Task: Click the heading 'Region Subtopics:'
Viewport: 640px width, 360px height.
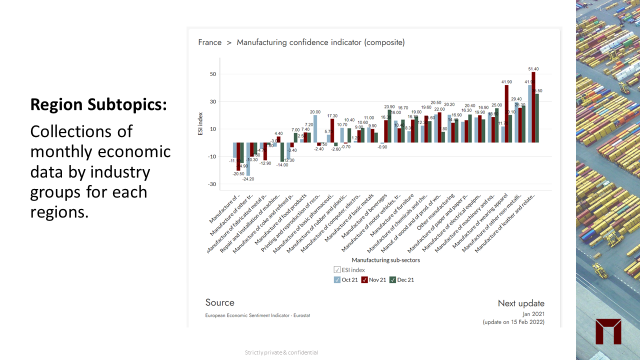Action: (x=98, y=104)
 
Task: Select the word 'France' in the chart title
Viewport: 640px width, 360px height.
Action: (x=209, y=42)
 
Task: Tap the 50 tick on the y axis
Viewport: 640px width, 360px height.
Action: (x=213, y=74)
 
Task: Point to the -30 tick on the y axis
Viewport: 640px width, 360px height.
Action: (x=212, y=184)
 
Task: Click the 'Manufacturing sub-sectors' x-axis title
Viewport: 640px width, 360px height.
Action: (x=385, y=260)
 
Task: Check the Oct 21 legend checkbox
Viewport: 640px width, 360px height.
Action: (x=337, y=280)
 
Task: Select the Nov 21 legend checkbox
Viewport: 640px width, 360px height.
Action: (x=365, y=280)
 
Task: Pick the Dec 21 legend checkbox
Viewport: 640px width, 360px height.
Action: (x=393, y=280)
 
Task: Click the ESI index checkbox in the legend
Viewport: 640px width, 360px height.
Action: (x=337, y=270)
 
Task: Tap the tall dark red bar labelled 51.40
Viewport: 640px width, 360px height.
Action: (x=533, y=107)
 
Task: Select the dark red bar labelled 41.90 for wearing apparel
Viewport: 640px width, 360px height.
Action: (x=506, y=114)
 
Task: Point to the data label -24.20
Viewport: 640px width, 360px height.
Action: (x=248, y=179)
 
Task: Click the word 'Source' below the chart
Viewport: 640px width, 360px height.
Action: (x=219, y=302)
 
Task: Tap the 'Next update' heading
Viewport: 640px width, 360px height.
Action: (x=521, y=303)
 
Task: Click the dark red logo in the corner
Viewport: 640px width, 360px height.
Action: (x=608, y=331)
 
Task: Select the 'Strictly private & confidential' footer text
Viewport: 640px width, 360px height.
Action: (x=281, y=352)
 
